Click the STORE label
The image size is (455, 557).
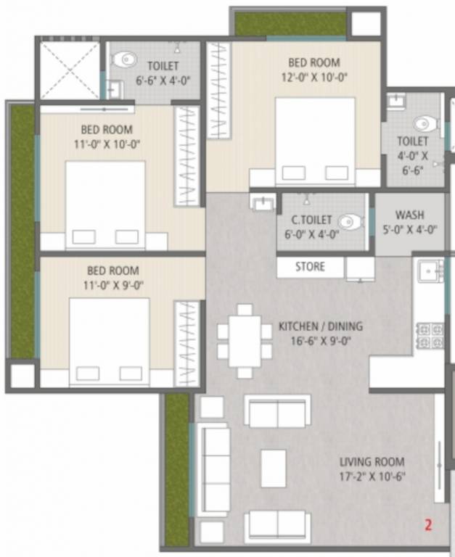tap(310, 266)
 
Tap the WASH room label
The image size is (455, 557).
tap(410, 215)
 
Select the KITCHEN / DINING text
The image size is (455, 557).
tap(320, 327)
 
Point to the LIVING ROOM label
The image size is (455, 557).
tap(372, 462)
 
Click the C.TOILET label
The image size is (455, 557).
tap(311, 220)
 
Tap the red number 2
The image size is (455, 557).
tap(427, 524)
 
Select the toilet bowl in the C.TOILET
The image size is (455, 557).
tap(351, 221)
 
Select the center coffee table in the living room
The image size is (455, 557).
tap(274, 468)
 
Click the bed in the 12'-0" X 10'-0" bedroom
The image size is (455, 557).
tap(315, 142)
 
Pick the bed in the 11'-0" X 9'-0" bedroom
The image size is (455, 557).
tap(109, 342)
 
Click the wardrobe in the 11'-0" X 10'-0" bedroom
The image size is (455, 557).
tap(187, 157)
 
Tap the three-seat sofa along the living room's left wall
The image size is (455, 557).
tap(216, 469)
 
